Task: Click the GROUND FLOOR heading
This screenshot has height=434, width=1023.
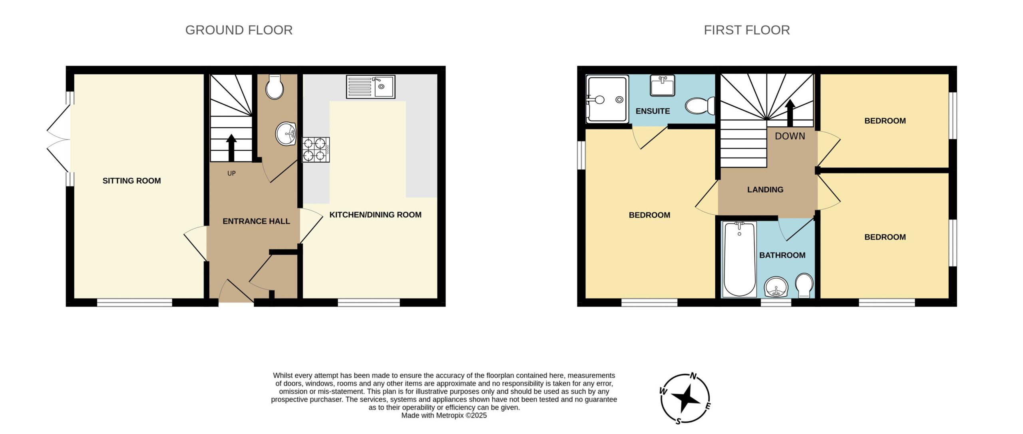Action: coord(239,30)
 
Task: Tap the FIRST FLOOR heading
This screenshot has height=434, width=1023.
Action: coord(747,30)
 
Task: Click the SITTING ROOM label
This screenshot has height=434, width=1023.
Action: coord(132,181)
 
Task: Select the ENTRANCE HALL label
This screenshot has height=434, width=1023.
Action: coord(256,221)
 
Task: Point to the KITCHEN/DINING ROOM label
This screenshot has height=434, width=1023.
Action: coord(375,215)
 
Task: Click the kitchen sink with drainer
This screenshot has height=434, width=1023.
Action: coord(370,86)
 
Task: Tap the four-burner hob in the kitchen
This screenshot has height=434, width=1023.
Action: coord(316,149)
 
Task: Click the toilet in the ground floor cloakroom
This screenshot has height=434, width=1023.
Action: coord(275,86)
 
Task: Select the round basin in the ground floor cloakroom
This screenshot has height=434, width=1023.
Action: coord(286,133)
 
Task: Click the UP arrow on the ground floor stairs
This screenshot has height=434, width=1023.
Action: coord(231,147)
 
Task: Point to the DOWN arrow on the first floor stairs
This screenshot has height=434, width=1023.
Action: coord(790,112)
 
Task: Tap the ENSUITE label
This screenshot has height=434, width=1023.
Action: coord(653,111)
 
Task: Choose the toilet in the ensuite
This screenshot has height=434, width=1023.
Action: coord(700,106)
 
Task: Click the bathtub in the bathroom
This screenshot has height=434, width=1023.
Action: coord(739,259)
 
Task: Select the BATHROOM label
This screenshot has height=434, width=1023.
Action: coord(782,255)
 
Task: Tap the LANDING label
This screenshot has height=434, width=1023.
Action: coord(765,190)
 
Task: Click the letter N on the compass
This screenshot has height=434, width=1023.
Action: coord(694,376)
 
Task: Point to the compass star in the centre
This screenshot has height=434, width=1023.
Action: coord(686,398)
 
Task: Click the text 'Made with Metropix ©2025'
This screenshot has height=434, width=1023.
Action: coord(444,416)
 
